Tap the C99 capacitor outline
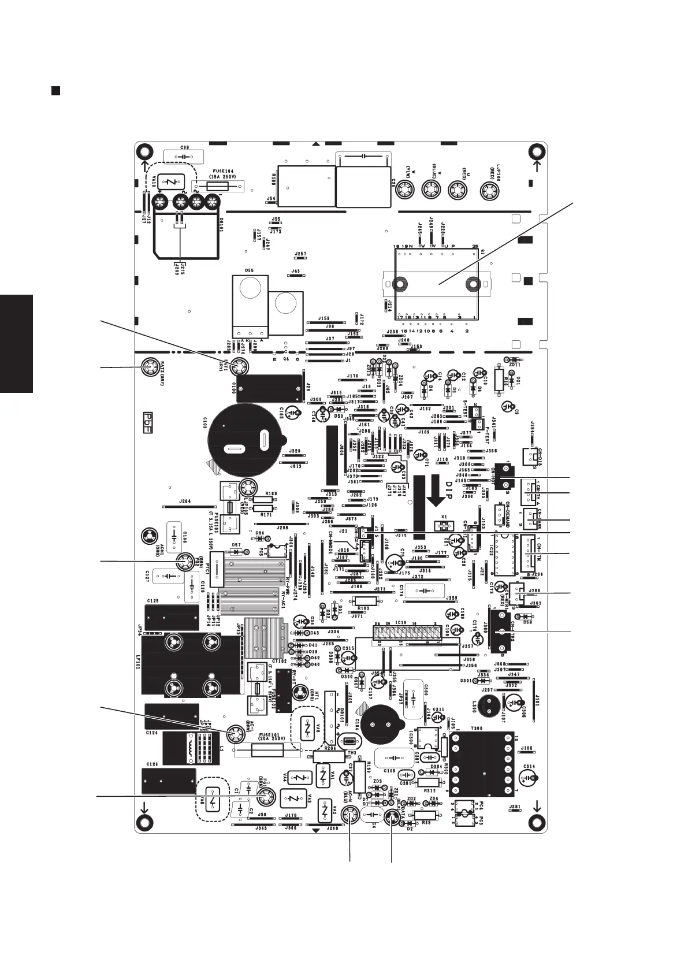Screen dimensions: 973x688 [184, 157]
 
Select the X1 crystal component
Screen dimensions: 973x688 [444, 526]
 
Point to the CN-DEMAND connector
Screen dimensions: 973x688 [499, 514]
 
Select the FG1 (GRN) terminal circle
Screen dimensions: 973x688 [265, 797]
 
